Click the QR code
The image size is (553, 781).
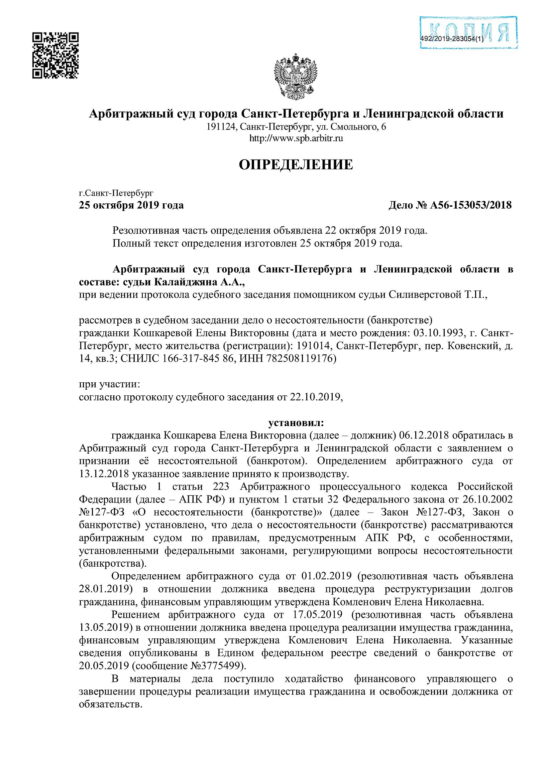pos(56,55)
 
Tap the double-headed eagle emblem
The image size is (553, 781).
pos(295,76)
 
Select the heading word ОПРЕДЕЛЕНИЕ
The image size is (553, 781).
pos(296,165)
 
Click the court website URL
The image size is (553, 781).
pos(296,139)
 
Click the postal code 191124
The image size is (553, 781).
pos(221,127)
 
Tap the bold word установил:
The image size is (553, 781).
pos(296,423)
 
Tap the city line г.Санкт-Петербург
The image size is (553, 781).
pos(116,194)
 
